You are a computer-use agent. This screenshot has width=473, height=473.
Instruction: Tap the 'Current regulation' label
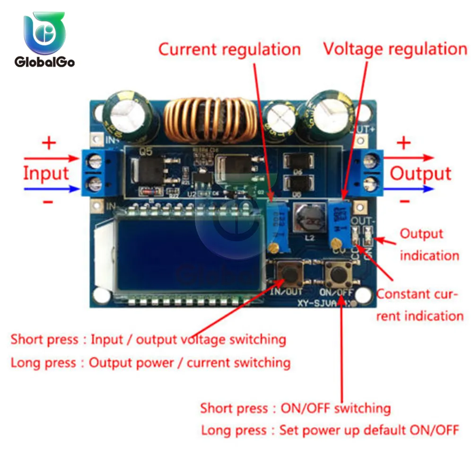[x=229, y=49]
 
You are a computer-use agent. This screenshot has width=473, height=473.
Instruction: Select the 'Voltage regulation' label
[x=395, y=49]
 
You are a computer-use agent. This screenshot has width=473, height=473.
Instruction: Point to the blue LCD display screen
[x=187, y=253]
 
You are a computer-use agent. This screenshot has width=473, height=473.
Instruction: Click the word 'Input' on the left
[x=46, y=174]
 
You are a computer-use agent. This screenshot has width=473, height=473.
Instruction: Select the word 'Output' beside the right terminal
[x=420, y=174]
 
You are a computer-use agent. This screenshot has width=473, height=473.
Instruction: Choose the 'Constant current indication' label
[x=419, y=305]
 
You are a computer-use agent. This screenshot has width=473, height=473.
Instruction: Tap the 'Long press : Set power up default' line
[x=330, y=430]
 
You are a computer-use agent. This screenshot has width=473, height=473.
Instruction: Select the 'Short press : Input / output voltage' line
[x=148, y=339]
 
